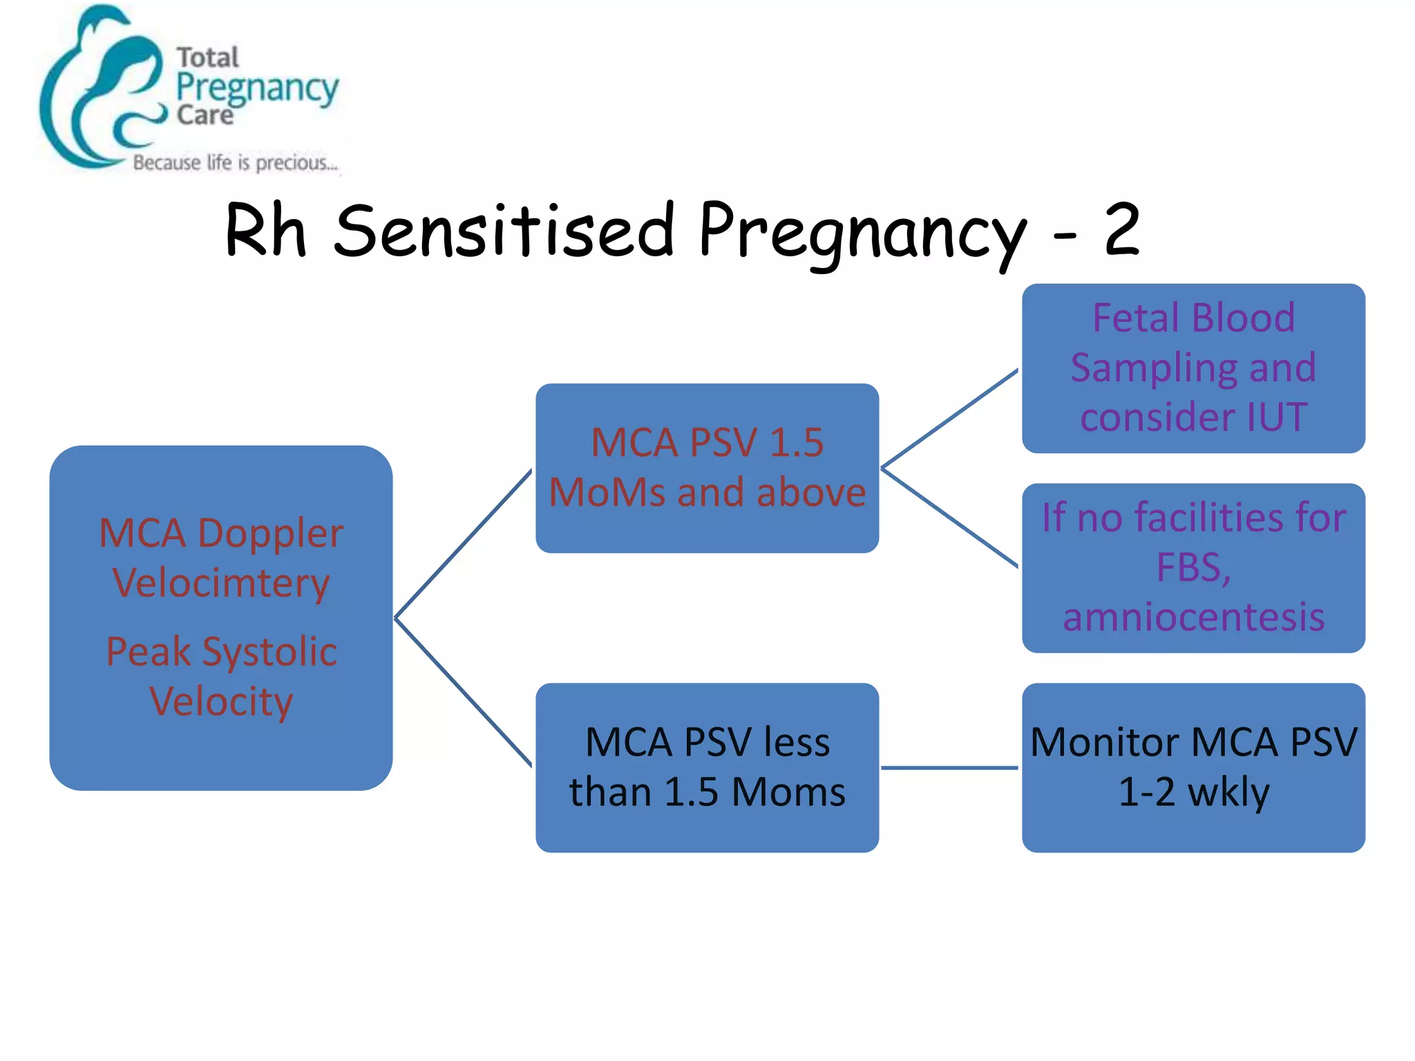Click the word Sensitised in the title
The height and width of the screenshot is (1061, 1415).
[x=504, y=230]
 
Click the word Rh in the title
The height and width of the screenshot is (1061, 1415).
[x=265, y=230]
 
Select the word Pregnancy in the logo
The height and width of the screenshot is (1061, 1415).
[x=257, y=88]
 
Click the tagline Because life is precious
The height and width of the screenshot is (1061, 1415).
[x=235, y=163]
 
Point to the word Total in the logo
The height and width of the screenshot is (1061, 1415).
[x=207, y=57]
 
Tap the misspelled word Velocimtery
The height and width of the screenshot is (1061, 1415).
[x=221, y=582]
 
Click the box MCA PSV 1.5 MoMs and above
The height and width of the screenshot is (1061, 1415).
[x=707, y=468]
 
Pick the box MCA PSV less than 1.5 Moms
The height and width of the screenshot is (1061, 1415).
[x=707, y=767]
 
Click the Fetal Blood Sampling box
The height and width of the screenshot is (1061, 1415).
[x=1193, y=367]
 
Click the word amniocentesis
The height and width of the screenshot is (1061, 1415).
[x=1193, y=616]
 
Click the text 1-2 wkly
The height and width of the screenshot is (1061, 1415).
[x=1193, y=792]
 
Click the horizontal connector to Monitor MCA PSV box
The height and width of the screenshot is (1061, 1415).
[x=950, y=767]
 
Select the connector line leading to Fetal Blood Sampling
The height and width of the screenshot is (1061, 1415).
[x=950, y=419]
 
